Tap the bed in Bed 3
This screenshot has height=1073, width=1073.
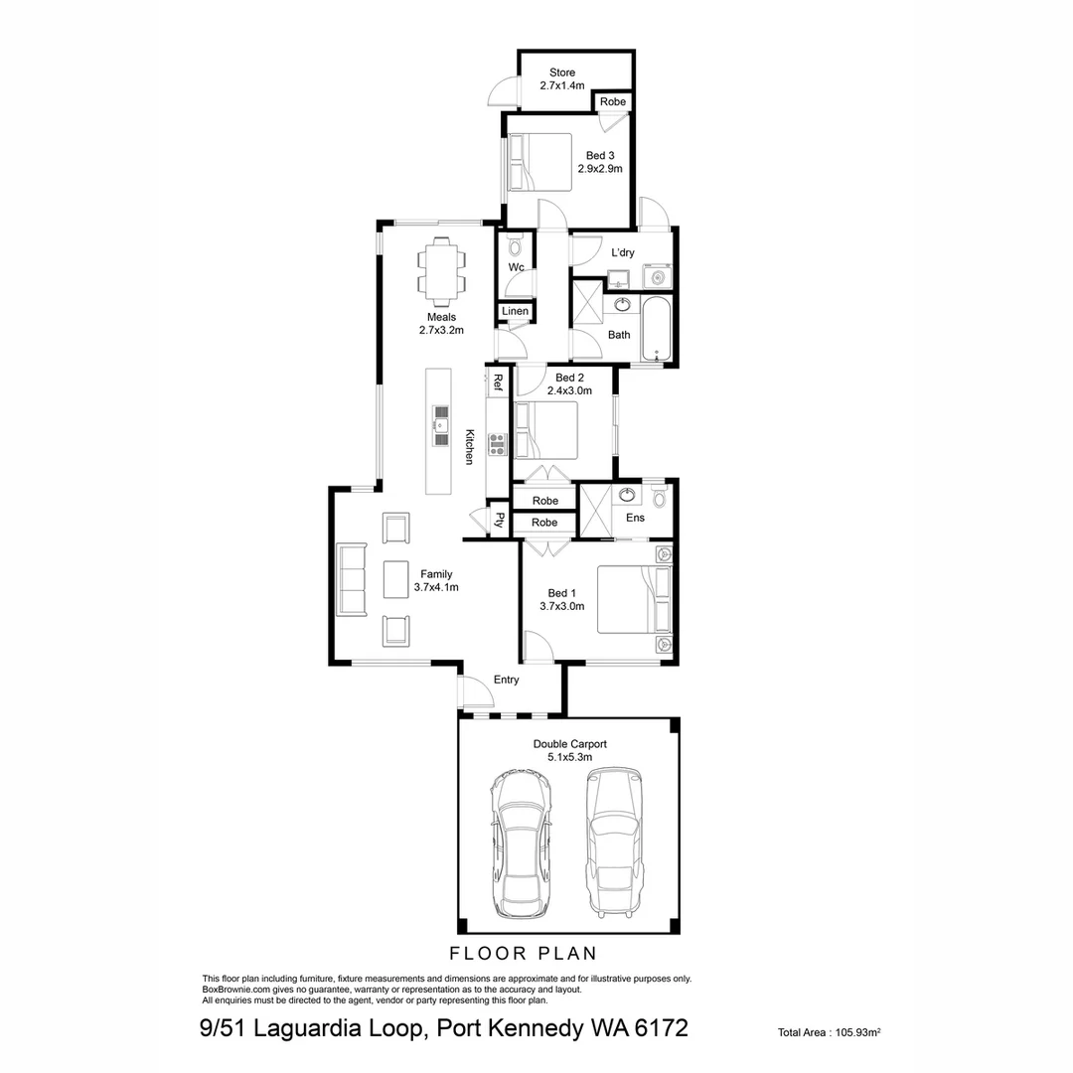pyautogui.click(x=540, y=162)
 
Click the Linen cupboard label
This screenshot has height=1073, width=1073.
pyautogui.click(x=515, y=312)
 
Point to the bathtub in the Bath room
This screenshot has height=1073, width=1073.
pyautogui.click(x=657, y=329)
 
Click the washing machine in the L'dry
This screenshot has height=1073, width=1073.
pyautogui.click(x=657, y=274)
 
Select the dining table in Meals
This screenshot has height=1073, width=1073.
pyautogui.click(x=442, y=269)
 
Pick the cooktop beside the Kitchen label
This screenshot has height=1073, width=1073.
pyautogui.click(x=498, y=444)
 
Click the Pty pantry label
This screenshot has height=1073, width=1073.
pyautogui.click(x=500, y=519)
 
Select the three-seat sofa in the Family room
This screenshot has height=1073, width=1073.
pyautogui.click(x=351, y=578)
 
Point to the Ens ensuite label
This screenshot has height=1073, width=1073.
pyautogui.click(x=635, y=518)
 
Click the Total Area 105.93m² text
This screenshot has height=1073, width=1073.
pyautogui.click(x=830, y=1033)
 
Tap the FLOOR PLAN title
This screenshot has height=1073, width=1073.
pyautogui.click(x=524, y=954)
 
